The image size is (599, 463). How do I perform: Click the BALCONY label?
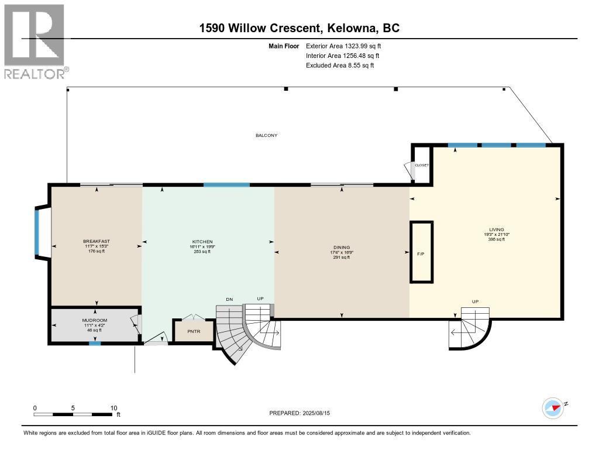(x=266, y=135)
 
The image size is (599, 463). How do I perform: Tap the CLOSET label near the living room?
(x=422, y=165)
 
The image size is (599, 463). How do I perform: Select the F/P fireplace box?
(x=421, y=253)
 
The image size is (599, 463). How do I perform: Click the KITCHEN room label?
(x=202, y=242)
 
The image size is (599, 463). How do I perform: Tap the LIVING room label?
(x=497, y=229)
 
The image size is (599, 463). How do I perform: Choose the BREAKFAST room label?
(x=97, y=242)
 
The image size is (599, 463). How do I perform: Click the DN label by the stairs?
(x=229, y=300)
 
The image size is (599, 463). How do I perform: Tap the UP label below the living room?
(x=475, y=301)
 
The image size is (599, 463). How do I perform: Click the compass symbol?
(x=553, y=407)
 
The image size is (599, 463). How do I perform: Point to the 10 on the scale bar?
(x=114, y=408)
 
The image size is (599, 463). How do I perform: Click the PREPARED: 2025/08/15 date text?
(x=304, y=413)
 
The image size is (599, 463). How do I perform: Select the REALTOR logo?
(x=35, y=41)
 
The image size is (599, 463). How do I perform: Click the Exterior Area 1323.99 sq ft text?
(x=343, y=46)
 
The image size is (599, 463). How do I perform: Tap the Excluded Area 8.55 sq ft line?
(x=340, y=66)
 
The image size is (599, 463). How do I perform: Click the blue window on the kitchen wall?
(x=226, y=185)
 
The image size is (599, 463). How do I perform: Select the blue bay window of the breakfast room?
(x=36, y=232)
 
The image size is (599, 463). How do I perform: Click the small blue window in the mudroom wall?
(x=92, y=344)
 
